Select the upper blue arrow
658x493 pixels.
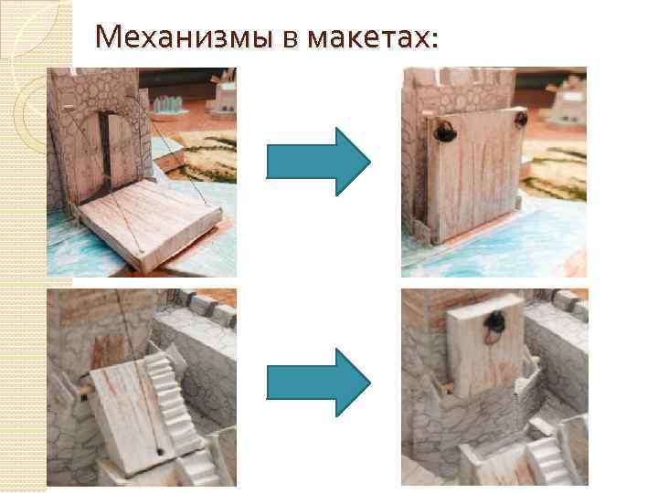tap(318, 162)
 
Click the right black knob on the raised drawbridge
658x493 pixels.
tap(521, 120)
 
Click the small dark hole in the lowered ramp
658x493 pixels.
tap(162, 451)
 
